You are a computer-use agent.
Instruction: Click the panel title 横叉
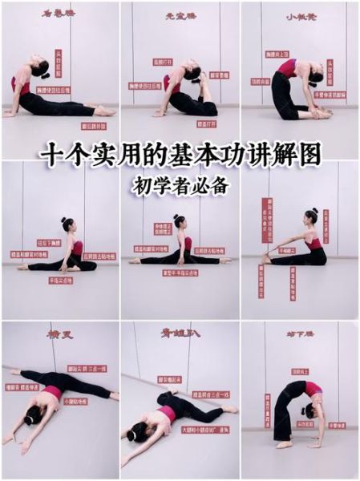coord(60,334)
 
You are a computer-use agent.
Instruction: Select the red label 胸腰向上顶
coord(277,54)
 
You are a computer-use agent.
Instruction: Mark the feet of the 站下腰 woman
coord(284,443)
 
